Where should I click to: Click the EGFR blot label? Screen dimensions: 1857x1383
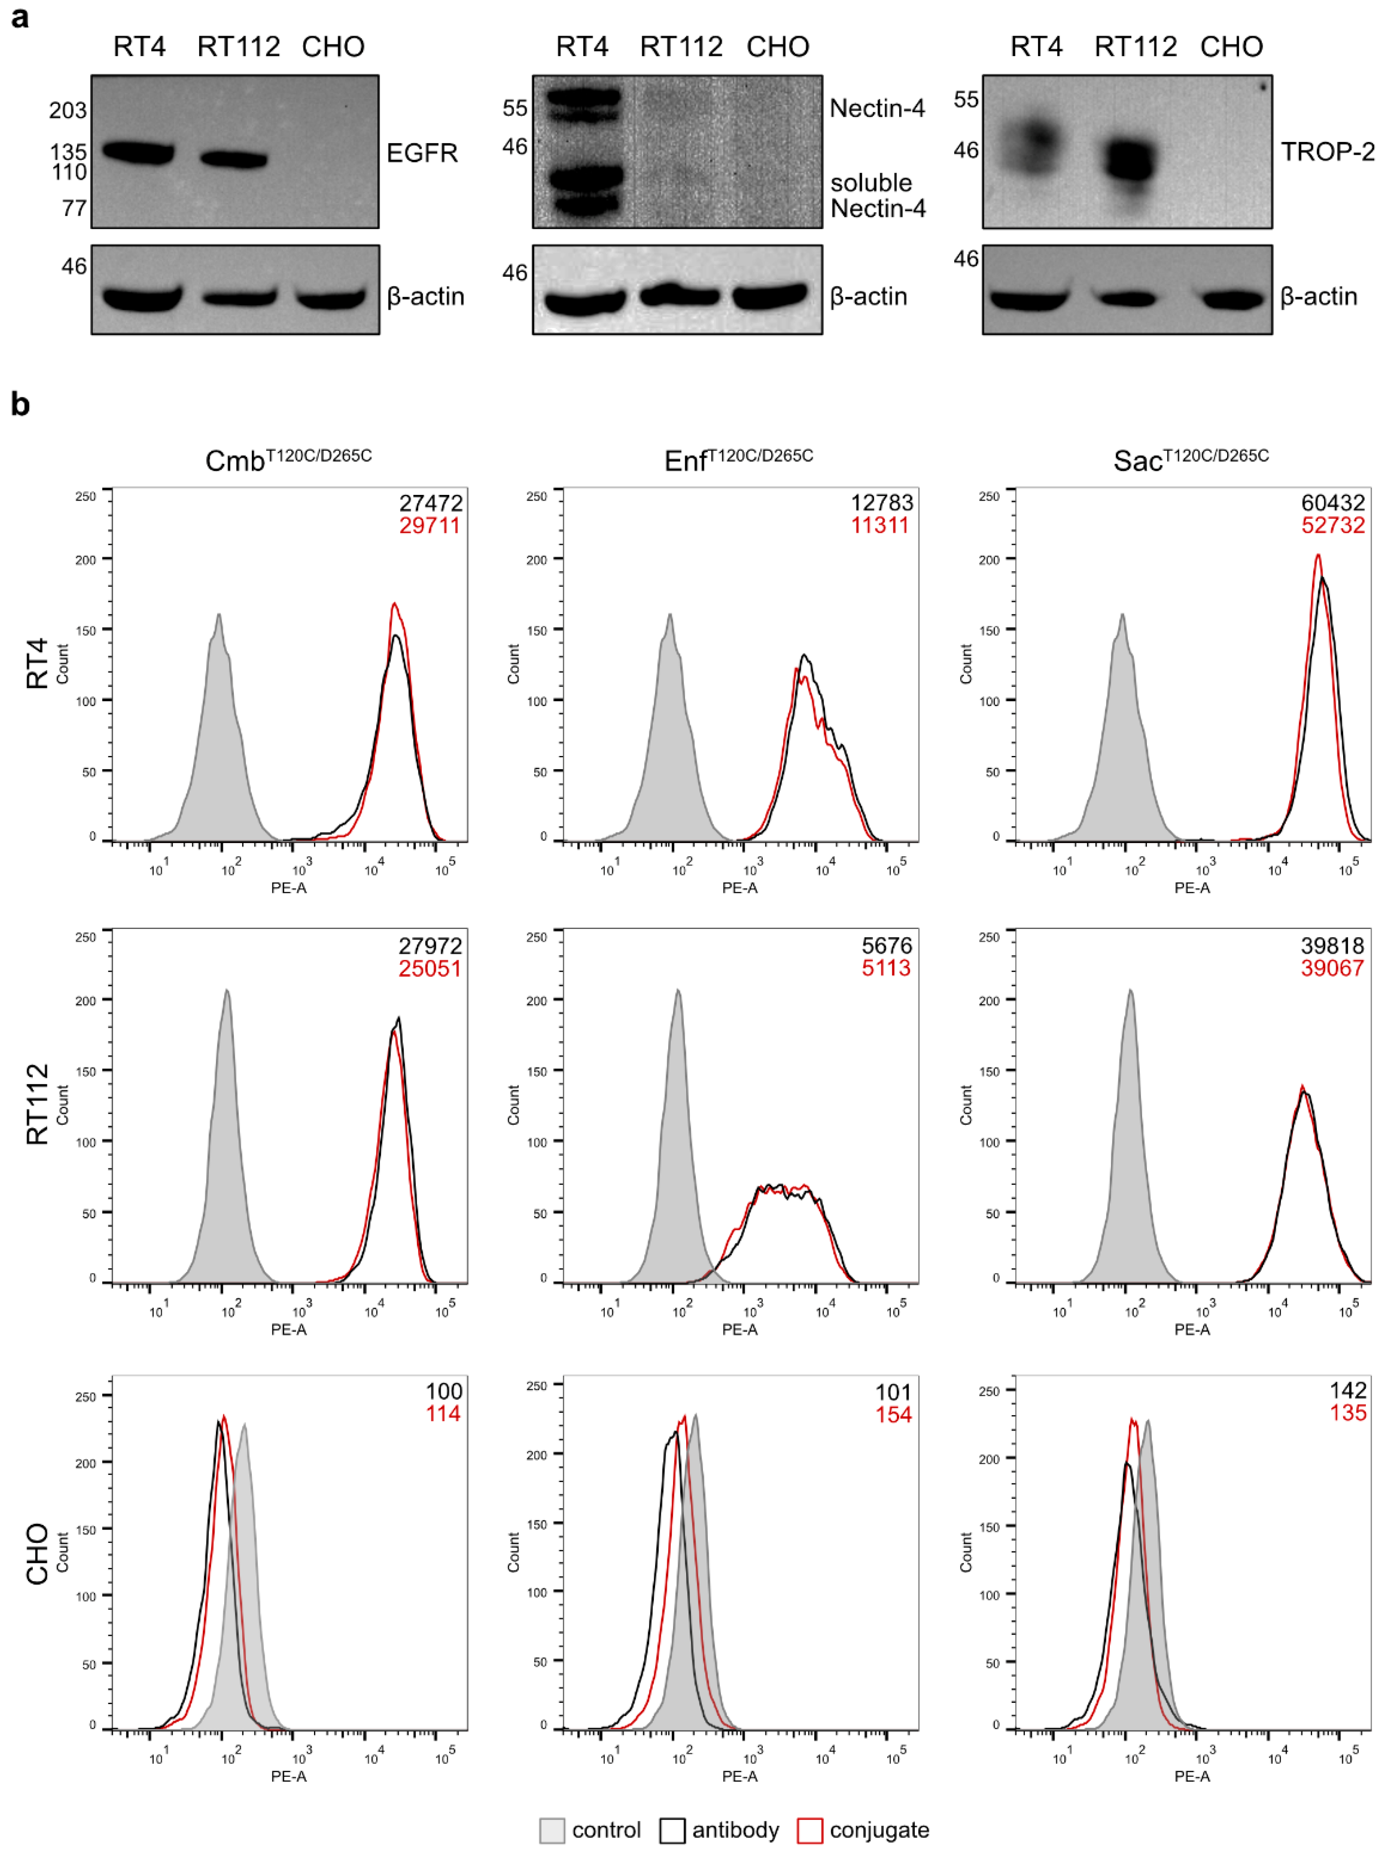[422, 153]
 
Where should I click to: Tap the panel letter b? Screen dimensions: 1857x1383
[20, 404]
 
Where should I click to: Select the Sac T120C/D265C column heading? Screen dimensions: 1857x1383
[1190, 459]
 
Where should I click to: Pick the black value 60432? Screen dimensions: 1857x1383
[1333, 503]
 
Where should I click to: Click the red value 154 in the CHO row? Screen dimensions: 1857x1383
[893, 1415]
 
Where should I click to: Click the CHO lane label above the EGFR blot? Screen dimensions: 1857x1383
[333, 47]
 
